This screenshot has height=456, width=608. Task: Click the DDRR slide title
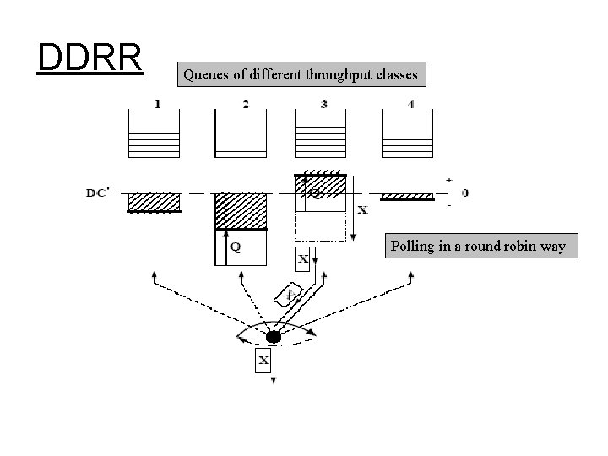90,57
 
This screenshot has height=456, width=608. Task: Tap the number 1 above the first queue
157,104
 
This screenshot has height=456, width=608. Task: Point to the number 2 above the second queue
245,104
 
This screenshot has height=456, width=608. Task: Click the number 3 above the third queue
324,104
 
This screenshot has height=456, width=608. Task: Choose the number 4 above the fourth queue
411,104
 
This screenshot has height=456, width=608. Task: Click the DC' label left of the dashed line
97,193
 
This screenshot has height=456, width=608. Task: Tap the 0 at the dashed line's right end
465,193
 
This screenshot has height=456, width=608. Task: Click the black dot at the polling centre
273,337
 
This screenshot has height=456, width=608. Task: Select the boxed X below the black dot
263,361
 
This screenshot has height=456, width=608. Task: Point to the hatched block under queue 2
241,211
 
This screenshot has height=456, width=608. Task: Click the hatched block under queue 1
154,202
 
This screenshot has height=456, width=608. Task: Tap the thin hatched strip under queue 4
408,197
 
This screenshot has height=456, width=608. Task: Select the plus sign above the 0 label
448,180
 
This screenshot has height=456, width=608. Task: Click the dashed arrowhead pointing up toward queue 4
410,276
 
